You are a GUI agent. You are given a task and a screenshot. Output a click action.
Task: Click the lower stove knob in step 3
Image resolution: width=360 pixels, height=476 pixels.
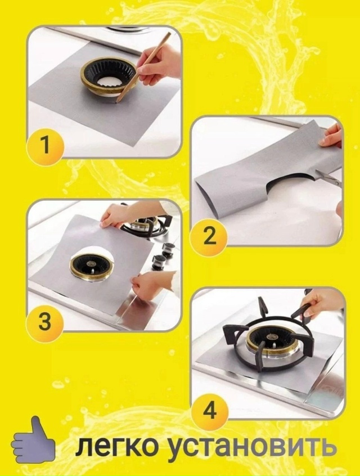[x=159, y=262]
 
